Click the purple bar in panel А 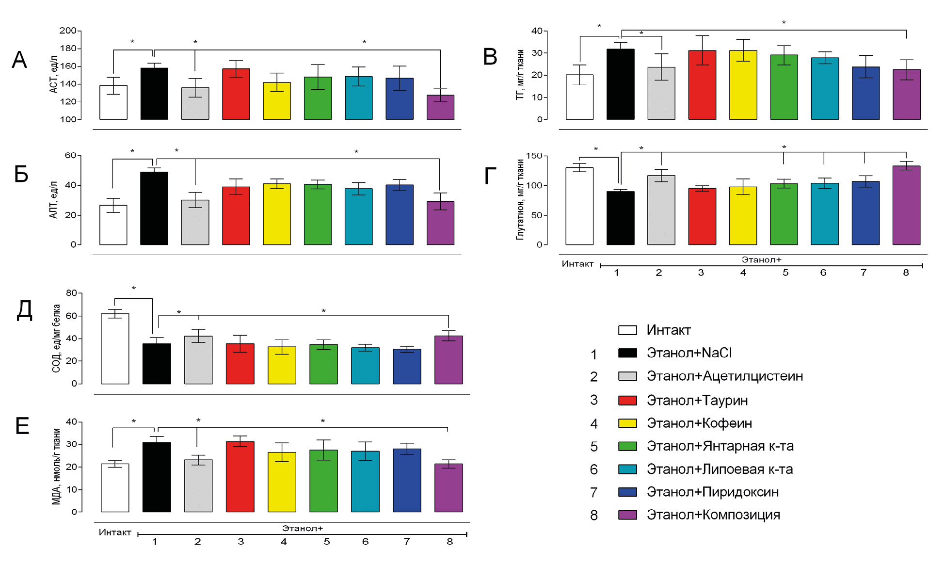(440, 107)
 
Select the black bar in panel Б (154, 209)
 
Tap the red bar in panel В (702, 85)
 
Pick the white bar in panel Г (579, 206)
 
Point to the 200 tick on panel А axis (68, 31)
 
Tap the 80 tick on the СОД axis (71, 293)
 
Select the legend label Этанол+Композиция (713, 515)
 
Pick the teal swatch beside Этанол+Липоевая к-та (627, 469)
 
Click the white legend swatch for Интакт (627, 330)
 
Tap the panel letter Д (24, 310)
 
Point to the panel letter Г (490, 176)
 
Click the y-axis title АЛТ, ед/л (53, 200)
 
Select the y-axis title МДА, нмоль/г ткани (56, 466)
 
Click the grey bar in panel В (661, 93)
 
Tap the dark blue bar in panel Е (407, 480)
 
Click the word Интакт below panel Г (577, 264)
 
